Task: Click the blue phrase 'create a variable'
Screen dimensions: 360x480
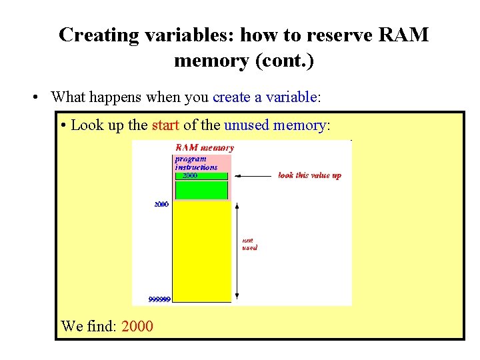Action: click(264, 97)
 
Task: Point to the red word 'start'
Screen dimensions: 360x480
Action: click(166, 125)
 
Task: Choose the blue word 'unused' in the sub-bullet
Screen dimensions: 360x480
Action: click(247, 125)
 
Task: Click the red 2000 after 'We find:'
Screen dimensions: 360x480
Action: click(137, 326)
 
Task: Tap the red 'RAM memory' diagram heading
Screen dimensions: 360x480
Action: click(204, 147)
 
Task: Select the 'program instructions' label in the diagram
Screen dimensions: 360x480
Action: click(195, 163)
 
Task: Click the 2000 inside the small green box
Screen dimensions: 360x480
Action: click(190, 176)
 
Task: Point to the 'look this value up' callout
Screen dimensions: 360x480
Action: click(309, 175)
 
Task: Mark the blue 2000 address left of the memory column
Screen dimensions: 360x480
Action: click(161, 205)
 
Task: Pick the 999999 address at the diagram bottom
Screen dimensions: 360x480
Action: click(159, 299)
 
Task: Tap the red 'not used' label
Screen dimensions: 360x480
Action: click(249, 244)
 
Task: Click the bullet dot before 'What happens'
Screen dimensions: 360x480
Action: click(35, 97)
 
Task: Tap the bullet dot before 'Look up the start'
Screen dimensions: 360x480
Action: click(62, 125)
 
